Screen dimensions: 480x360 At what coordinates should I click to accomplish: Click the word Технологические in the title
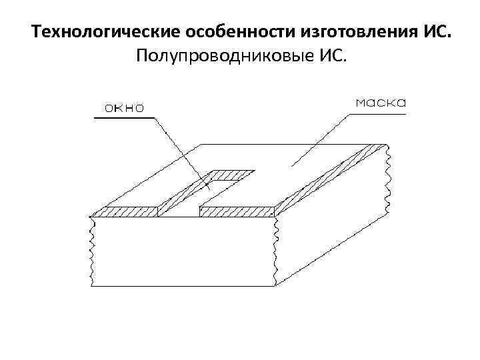(98, 32)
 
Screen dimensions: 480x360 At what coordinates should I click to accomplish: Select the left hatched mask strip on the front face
(124, 212)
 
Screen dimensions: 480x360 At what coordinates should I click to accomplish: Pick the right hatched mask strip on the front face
(237, 212)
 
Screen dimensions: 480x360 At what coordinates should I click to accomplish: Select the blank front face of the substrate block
(183, 253)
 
